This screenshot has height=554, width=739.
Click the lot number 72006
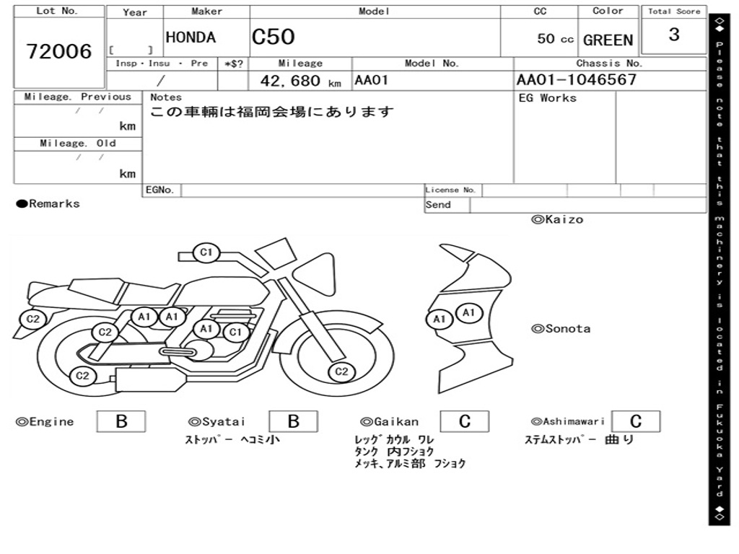[59, 51]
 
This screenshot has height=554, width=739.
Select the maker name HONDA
[191, 38]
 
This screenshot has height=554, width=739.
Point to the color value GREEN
[608, 40]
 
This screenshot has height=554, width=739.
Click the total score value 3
[674, 35]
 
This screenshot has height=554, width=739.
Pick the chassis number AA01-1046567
[577, 79]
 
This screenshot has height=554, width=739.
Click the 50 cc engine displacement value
[555, 39]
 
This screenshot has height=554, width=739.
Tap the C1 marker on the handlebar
[206, 252]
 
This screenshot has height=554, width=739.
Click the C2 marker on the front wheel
[341, 372]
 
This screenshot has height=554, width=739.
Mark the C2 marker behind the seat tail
[32, 319]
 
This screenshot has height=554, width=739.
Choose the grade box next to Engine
[121, 421]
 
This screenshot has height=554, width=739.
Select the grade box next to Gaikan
[464, 421]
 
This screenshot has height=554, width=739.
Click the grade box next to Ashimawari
[635, 421]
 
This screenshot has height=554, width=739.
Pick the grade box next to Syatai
[293, 421]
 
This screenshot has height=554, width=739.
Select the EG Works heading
[548, 97]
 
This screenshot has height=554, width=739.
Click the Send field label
[438, 205]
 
